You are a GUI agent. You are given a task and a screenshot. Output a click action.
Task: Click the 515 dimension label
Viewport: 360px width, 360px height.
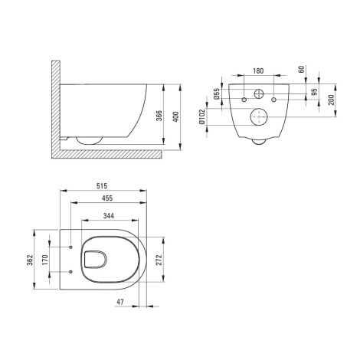pyautogui.click(x=102, y=186)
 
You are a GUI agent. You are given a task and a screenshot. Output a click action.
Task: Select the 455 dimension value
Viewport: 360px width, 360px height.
pyautogui.click(x=107, y=198)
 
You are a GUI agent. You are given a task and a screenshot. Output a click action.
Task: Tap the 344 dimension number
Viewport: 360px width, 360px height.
pyautogui.click(x=109, y=216)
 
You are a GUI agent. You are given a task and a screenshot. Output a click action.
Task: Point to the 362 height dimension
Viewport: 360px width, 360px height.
pyautogui.click(x=30, y=260)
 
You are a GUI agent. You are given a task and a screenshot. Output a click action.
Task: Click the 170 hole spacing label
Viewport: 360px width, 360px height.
pyautogui.click(x=45, y=260)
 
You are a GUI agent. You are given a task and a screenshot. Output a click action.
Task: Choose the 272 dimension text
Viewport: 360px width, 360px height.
pyautogui.click(x=159, y=260)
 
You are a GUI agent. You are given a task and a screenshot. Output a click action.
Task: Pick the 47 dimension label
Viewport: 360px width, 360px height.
pyautogui.click(x=120, y=302)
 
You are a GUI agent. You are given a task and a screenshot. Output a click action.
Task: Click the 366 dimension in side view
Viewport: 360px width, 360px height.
pyautogui.click(x=159, y=116)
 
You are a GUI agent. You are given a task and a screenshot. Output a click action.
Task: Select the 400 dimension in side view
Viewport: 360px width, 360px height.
pyautogui.click(x=176, y=116)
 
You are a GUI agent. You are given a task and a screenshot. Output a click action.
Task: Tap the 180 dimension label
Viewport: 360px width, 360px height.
pyautogui.click(x=258, y=70)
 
